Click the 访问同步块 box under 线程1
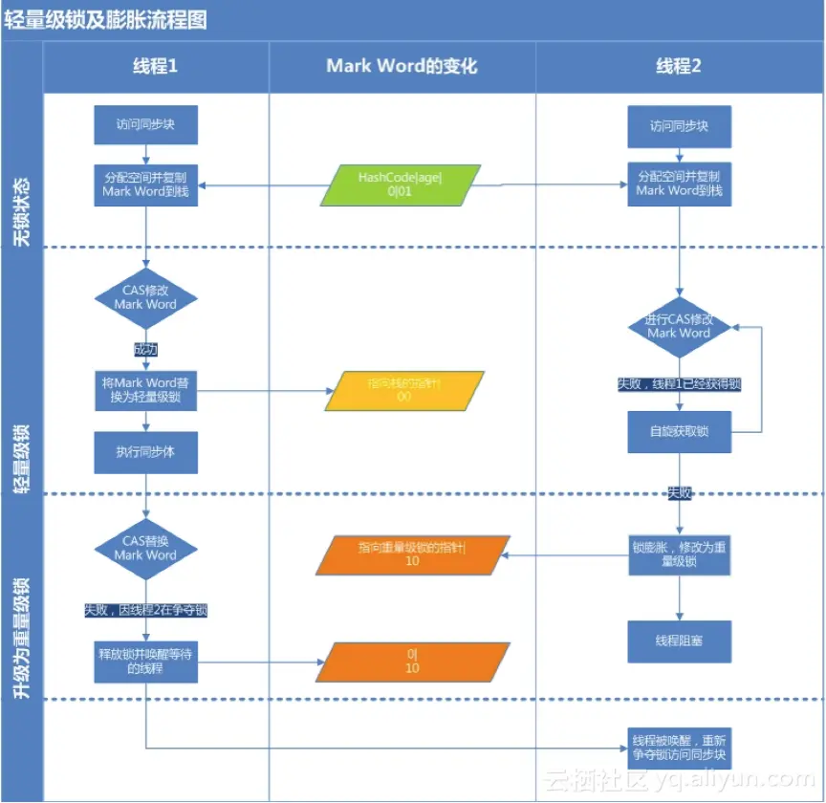click(145, 124)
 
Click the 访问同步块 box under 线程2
click(679, 125)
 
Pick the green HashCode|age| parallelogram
click(401, 184)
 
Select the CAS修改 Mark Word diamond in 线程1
click(145, 297)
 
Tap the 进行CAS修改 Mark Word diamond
click(679, 326)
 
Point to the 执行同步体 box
click(145, 452)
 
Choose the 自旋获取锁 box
click(679, 432)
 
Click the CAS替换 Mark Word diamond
click(145, 548)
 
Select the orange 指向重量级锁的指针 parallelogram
click(411, 554)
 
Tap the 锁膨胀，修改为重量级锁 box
click(679, 555)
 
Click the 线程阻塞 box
click(679, 641)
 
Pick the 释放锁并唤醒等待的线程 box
click(145, 661)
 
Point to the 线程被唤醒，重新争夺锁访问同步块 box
click(679, 748)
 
